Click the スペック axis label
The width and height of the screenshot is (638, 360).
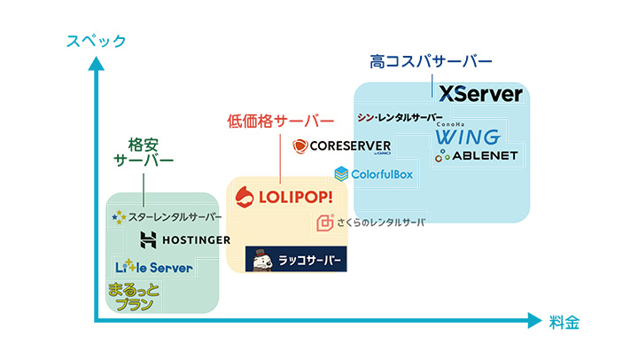tap(97, 41)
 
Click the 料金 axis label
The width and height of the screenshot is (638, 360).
tap(564, 323)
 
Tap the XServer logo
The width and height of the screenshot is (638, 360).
tap(480, 94)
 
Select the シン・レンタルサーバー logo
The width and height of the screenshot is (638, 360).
tap(400, 118)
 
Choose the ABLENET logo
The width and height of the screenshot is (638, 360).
tap(477, 157)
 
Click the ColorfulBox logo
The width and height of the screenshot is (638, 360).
tap(374, 174)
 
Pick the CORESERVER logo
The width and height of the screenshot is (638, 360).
tap(341, 146)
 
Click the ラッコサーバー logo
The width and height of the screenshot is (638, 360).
tap(296, 259)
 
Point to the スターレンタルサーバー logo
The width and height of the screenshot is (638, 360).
tap(167, 216)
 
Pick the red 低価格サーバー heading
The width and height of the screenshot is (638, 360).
tap(281, 120)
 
